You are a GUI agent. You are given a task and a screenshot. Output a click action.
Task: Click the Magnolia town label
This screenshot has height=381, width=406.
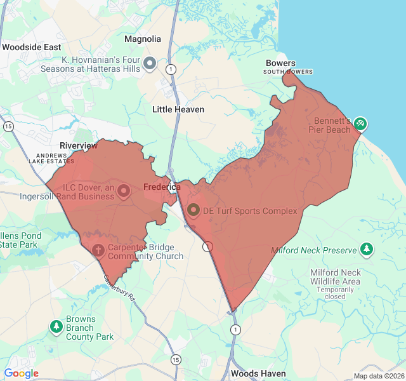coord(143,39)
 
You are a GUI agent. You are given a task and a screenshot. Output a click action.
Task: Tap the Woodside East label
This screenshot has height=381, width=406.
coord(32,48)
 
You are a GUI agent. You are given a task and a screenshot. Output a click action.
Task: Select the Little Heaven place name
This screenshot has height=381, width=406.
coord(178,109)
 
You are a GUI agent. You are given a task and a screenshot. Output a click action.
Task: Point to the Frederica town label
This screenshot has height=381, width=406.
coord(162,187)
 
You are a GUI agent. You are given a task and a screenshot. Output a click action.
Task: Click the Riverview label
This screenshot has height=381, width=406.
coord(79,145)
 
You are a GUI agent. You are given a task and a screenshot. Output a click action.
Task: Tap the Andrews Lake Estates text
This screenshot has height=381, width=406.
coord(51,158)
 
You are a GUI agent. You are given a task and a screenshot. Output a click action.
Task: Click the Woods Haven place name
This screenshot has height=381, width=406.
coord(258,373)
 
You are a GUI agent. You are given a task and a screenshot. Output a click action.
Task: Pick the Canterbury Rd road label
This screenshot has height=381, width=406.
coord(120,288)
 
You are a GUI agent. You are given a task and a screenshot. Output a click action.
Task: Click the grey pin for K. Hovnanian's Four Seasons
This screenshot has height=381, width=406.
coord(150,63)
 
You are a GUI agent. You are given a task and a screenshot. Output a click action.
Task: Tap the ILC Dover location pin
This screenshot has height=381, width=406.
coord(124,190)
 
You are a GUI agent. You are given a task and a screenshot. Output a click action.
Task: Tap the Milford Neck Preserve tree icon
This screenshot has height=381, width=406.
coord(367,250)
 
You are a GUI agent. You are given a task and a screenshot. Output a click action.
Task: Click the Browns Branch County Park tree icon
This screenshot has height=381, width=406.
coord(56,327)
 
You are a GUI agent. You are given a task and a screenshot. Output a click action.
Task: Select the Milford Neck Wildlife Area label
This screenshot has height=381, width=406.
coord(335,277)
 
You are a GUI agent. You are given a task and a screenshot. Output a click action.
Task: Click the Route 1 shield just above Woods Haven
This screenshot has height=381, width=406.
coord(236,329)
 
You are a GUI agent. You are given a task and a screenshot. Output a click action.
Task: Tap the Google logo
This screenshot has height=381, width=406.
coord(22,373)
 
